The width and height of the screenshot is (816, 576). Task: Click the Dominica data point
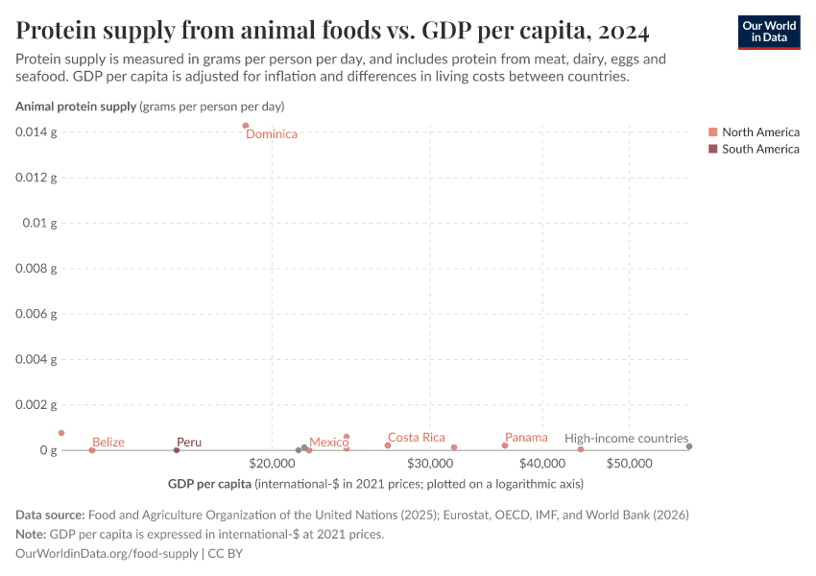click(x=246, y=126)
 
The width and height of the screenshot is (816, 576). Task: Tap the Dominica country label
click(x=272, y=134)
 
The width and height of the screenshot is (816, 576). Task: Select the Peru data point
click(x=177, y=450)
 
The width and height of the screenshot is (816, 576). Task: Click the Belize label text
click(x=108, y=443)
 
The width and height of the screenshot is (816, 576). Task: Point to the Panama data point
click(x=505, y=445)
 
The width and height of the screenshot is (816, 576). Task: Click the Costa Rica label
click(x=417, y=438)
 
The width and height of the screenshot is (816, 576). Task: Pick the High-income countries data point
click(x=689, y=446)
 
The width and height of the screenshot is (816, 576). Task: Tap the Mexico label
click(x=328, y=443)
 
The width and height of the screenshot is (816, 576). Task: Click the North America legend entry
click(x=758, y=132)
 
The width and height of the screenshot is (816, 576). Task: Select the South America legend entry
click(x=758, y=149)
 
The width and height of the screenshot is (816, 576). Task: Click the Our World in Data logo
click(x=768, y=32)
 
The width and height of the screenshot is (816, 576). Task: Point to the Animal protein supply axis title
click(x=76, y=107)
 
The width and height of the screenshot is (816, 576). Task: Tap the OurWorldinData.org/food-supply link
click(x=107, y=554)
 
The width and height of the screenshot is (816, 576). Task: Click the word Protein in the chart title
click(x=59, y=32)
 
